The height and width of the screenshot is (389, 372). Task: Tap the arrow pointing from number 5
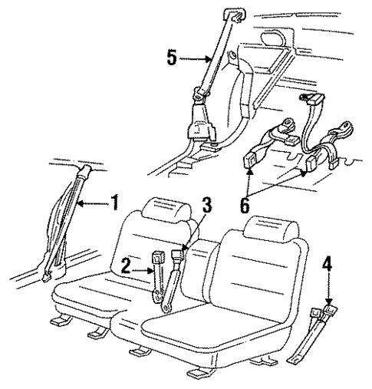198,58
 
